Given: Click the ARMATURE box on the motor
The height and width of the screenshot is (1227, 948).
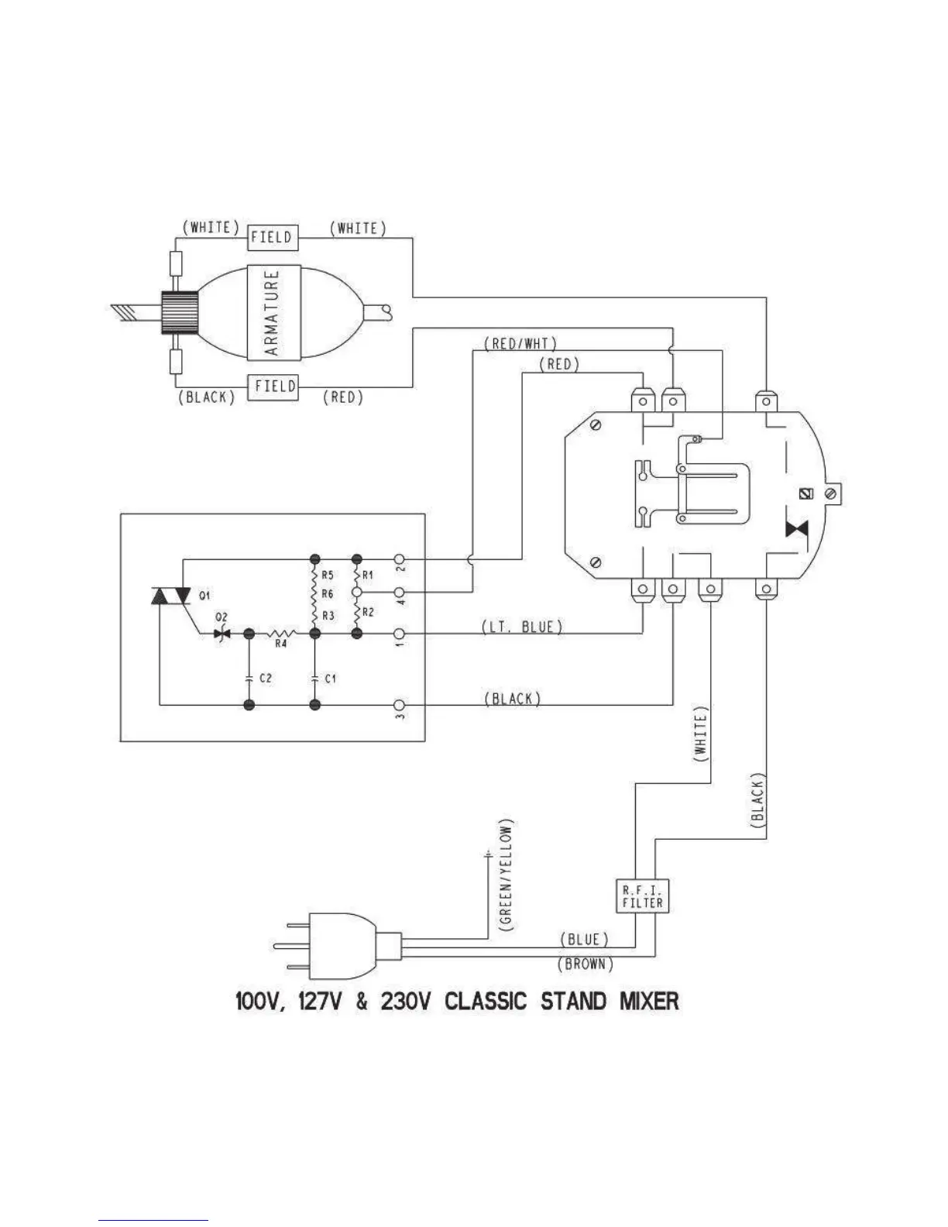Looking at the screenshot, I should [272, 312].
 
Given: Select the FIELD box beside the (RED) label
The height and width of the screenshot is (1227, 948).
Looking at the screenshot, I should [273, 387].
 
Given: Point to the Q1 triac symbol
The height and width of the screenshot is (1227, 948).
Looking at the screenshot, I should [171, 595].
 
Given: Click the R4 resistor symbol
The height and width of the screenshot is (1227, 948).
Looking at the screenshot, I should [280, 634].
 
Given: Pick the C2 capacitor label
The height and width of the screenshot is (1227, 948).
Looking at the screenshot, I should [266, 678].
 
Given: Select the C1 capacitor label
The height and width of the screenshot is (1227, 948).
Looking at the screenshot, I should [330, 679].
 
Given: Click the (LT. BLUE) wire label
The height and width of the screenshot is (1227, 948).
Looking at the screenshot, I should [522, 627].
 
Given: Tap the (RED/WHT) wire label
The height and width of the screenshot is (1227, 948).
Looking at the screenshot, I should [519, 343].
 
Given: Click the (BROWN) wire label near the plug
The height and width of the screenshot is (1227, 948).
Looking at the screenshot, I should [586, 964].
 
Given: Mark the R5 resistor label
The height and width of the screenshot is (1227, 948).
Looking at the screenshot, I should [327, 576].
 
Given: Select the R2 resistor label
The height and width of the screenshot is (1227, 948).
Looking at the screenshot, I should [369, 612].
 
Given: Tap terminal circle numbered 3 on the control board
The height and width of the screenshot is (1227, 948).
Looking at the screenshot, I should [400, 705].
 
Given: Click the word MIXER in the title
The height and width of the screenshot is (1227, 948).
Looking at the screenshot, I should [649, 1002].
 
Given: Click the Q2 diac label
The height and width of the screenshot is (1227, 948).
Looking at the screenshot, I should [222, 617].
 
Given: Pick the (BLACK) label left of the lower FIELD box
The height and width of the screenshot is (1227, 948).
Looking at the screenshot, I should [206, 397].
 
